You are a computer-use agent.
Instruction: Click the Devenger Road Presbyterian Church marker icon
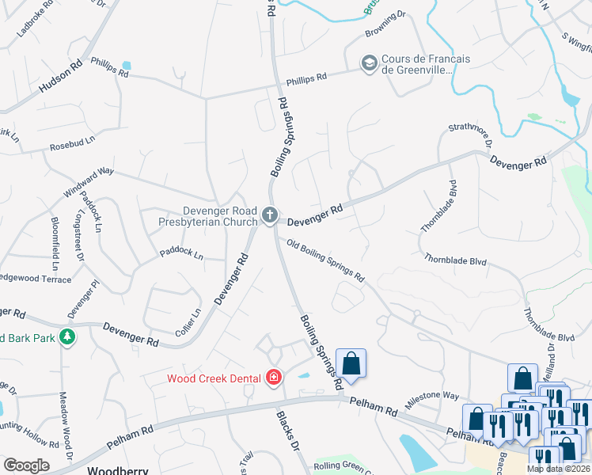coord(270,215)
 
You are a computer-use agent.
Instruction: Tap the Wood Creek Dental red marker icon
coord(274,378)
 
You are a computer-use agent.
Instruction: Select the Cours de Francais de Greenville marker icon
coord(369,63)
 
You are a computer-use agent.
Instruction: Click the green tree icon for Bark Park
coord(68,337)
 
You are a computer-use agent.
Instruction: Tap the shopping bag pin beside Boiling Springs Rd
coord(351,364)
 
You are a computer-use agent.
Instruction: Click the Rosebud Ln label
coord(72,139)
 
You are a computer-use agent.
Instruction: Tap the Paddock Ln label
coord(181,256)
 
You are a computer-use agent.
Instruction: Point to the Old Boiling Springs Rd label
coord(325,261)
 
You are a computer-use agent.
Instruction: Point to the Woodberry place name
coord(117,469)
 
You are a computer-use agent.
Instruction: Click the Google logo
coord(25,465)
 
